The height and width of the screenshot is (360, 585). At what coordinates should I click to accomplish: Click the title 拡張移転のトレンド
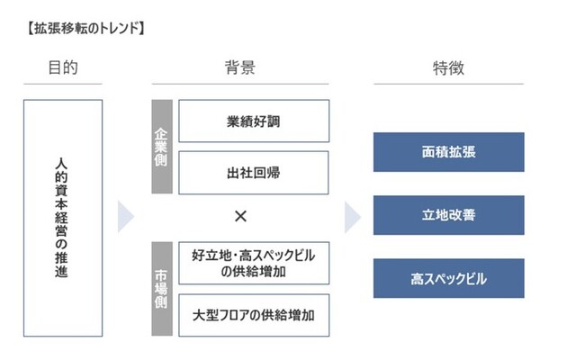point(85,29)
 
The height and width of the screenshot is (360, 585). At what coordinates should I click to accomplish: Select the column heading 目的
point(63,67)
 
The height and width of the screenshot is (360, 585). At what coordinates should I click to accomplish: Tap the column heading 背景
point(240,67)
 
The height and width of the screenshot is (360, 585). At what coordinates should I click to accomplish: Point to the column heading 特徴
point(448,68)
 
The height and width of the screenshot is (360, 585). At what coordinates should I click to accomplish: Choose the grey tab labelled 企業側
point(162,147)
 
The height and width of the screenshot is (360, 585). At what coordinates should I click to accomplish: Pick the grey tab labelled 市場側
point(162,289)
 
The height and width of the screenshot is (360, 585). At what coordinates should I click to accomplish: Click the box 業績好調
point(254,121)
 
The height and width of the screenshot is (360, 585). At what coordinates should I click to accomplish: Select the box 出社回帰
point(254,173)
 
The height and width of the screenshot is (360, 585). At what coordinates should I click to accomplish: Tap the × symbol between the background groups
point(240,216)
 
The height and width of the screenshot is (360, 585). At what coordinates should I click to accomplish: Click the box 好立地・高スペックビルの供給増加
point(254,263)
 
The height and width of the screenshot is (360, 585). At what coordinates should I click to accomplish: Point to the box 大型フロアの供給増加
point(254,315)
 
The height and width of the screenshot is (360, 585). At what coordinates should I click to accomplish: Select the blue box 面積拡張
point(449,152)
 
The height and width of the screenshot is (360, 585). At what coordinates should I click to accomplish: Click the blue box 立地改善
point(449,215)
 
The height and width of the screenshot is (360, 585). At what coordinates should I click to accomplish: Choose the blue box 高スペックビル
point(449,279)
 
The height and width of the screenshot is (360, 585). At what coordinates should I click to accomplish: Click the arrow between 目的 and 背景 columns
point(125,217)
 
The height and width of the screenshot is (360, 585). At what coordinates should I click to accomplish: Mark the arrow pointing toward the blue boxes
point(352,218)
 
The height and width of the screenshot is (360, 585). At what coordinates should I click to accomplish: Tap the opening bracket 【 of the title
point(30,29)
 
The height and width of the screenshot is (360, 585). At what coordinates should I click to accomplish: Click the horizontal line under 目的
point(63,84)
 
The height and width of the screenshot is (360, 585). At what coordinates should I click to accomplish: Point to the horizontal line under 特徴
point(449,84)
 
